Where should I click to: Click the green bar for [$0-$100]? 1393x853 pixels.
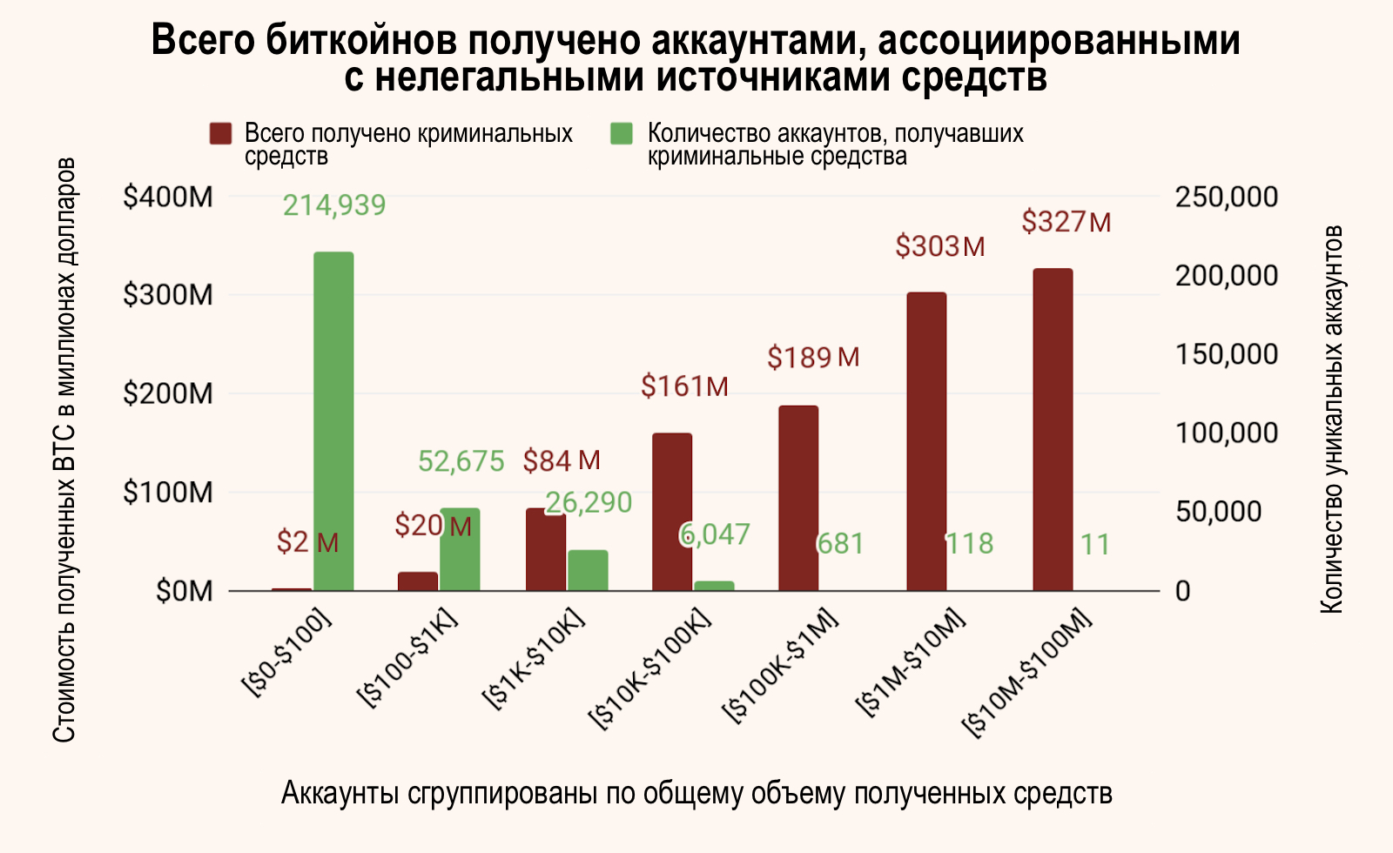[x=333, y=421]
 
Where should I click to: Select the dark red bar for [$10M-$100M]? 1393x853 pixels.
[x=1053, y=429]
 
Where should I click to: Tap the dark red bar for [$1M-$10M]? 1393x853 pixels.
[x=925, y=441]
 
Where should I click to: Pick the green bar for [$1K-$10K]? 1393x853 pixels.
[x=588, y=570]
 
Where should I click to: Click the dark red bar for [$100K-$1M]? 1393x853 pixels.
[x=798, y=498]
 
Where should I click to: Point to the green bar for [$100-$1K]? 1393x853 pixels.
[x=460, y=549]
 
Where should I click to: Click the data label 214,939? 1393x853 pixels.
[x=334, y=205]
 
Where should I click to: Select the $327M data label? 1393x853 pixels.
[x=1067, y=223]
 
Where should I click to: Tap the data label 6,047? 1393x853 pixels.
[x=715, y=534]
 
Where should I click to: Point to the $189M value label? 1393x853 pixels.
[x=813, y=358]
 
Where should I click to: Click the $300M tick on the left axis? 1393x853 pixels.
[x=168, y=296]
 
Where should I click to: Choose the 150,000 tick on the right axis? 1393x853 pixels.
[x=1227, y=354]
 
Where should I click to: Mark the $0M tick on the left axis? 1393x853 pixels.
[x=185, y=592]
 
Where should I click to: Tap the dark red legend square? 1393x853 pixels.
[x=221, y=134]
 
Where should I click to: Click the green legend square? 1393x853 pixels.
[x=621, y=134]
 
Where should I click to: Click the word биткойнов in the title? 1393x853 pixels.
[x=367, y=41]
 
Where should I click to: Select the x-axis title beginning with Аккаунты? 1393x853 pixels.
[x=696, y=794]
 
